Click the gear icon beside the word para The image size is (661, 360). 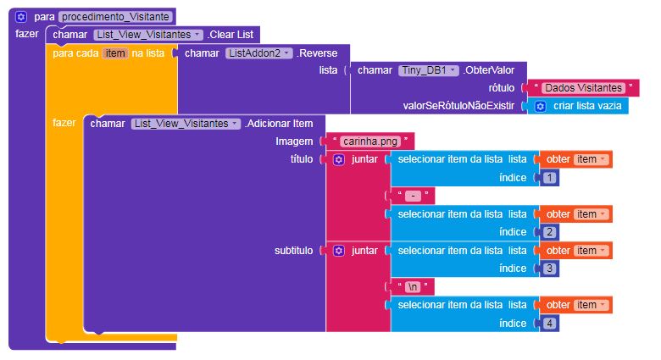click(x=22, y=16)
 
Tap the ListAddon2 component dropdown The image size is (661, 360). click(x=258, y=53)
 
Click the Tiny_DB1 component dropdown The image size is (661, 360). click(x=428, y=70)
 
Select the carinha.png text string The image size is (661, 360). click(x=369, y=141)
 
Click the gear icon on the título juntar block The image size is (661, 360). click(x=338, y=159)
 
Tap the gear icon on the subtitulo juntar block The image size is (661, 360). click(x=338, y=251)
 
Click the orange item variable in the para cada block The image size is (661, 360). click(x=114, y=53)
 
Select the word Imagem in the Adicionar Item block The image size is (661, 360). click(x=295, y=141)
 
